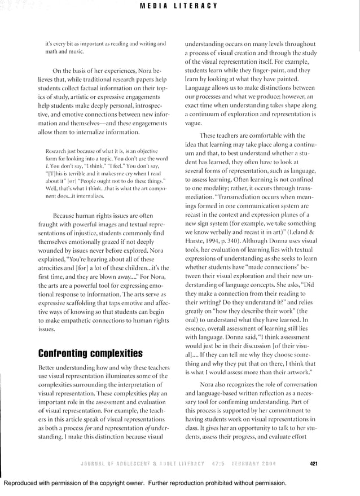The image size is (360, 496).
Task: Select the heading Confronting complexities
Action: pos(90,354)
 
